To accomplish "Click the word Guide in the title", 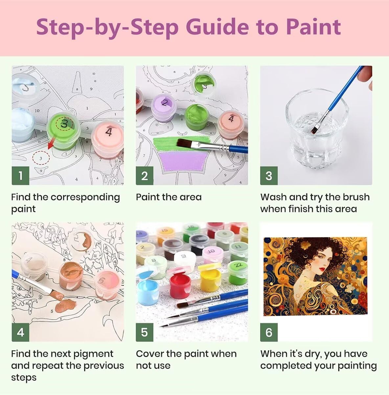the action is (x=217, y=27).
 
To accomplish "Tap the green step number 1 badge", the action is (x=20, y=175).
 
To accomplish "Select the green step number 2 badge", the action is (x=145, y=175).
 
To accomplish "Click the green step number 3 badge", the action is (x=269, y=175).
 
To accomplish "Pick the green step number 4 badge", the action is (x=20, y=332).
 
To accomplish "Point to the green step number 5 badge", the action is (x=145, y=332).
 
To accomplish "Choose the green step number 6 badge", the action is (x=269, y=332).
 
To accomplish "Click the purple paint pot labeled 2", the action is (x=164, y=108).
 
